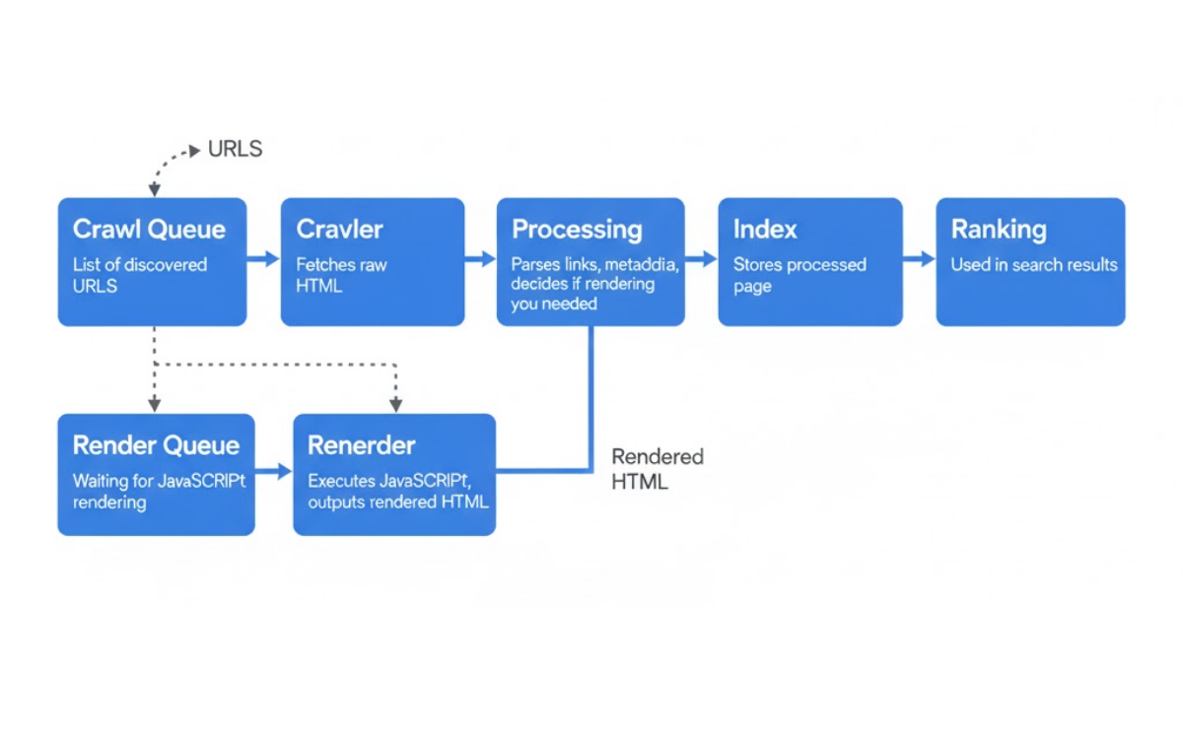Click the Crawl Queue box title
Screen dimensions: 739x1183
click(149, 231)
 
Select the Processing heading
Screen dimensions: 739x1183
click(577, 231)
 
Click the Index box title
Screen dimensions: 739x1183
click(765, 231)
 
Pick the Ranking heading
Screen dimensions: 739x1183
click(999, 231)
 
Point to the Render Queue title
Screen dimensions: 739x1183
click(156, 445)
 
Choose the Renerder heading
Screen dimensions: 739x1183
click(362, 445)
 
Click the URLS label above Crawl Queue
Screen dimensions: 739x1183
click(235, 150)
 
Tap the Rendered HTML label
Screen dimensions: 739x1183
click(657, 469)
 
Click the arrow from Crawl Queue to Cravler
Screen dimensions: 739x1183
click(263, 259)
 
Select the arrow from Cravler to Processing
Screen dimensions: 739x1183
click(480, 259)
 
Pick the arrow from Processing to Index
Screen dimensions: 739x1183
click(701, 259)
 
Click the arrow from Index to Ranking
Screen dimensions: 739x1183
click(919, 259)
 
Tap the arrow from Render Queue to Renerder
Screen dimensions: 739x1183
click(274, 472)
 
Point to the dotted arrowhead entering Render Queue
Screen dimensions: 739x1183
click(155, 405)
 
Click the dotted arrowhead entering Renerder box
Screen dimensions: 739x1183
click(395, 405)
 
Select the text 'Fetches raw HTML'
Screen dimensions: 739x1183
click(342, 275)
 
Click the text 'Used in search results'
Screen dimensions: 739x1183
click(1033, 265)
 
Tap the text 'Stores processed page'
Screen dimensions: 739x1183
click(800, 275)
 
